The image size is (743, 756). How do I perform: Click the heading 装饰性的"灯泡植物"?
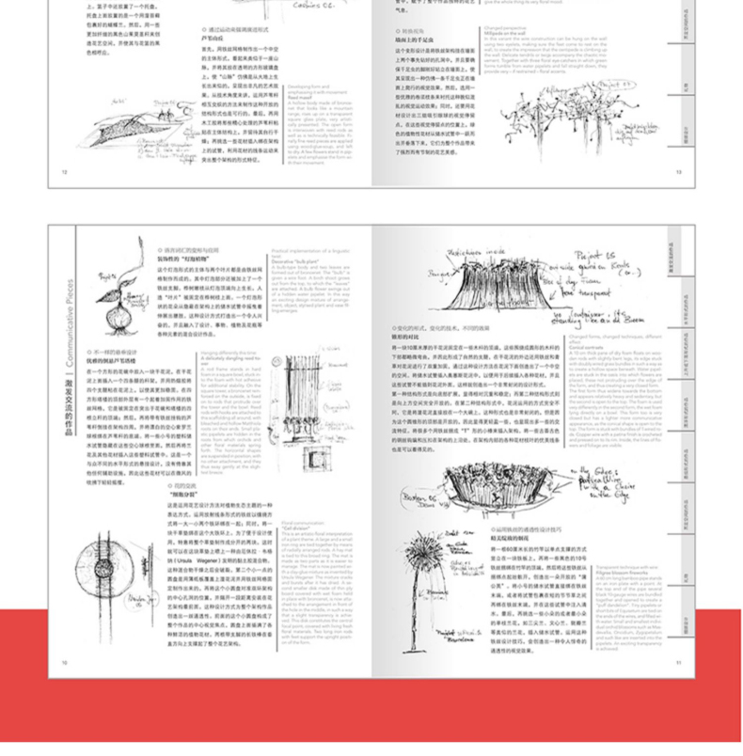[x=184, y=257]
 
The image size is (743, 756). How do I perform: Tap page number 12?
[x=65, y=171]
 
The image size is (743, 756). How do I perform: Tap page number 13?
[x=678, y=171]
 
